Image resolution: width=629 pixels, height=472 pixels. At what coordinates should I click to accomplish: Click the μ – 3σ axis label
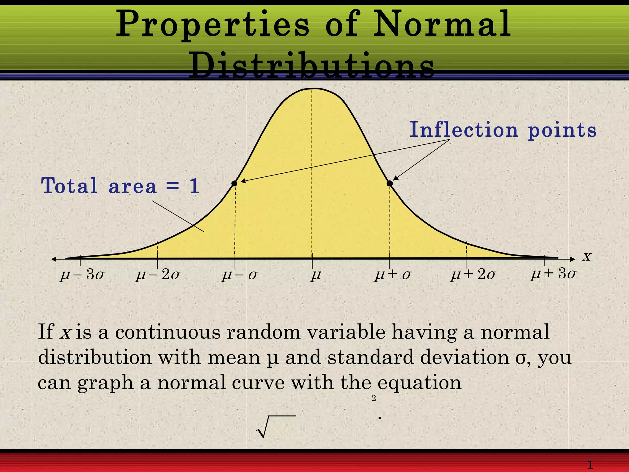pos(82,274)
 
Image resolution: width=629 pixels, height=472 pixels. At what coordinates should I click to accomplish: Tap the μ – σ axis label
pos(239,274)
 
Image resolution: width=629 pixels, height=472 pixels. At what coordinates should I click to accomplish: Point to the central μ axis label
pos(315,274)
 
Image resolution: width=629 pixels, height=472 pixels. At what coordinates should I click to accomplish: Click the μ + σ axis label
pos(393,274)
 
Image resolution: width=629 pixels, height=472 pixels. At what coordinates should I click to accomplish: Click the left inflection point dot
pos(234,183)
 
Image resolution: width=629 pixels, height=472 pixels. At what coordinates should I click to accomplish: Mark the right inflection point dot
pos(390,183)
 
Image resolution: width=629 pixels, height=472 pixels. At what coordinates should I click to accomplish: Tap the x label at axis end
pos(587,256)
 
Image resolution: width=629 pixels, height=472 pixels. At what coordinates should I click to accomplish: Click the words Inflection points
pos(503,130)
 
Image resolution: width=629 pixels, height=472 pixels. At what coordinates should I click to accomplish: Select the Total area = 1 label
pos(120,186)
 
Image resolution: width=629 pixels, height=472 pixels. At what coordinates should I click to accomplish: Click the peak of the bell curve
pos(312,89)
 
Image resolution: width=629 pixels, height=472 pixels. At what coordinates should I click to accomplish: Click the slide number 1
pos(590,465)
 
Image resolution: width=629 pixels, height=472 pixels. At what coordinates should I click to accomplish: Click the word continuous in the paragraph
pos(168,332)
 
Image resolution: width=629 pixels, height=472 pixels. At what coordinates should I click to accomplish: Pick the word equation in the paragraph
pos(419,383)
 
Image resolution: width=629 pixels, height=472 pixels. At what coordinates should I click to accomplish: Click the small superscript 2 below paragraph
pos(373,399)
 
